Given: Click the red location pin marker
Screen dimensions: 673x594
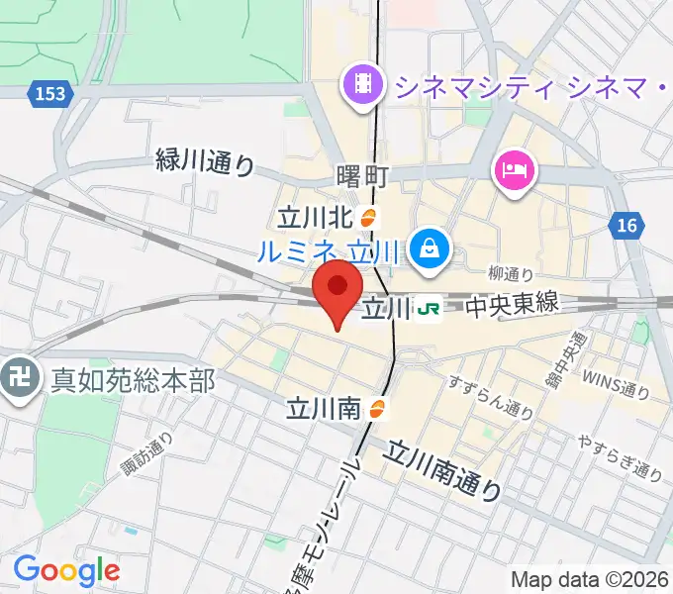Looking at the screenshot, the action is pyautogui.click(x=336, y=288).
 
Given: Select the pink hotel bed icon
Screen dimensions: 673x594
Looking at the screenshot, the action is pyautogui.click(x=514, y=171).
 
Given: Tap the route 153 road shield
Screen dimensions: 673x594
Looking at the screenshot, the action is pyautogui.click(x=47, y=93).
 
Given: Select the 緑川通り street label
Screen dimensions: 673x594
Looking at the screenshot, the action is pyautogui.click(x=205, y=161).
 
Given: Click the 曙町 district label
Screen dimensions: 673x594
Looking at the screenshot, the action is pyautogui.click(x=361, y=176).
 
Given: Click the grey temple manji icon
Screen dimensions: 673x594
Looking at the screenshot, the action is pyautogui.click(x=21, y=380).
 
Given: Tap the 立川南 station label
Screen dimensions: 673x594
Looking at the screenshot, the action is pyautogui.click(x=324, y=407).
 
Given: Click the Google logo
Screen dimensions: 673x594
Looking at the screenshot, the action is pyautogui.click(x=66, y=570).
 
